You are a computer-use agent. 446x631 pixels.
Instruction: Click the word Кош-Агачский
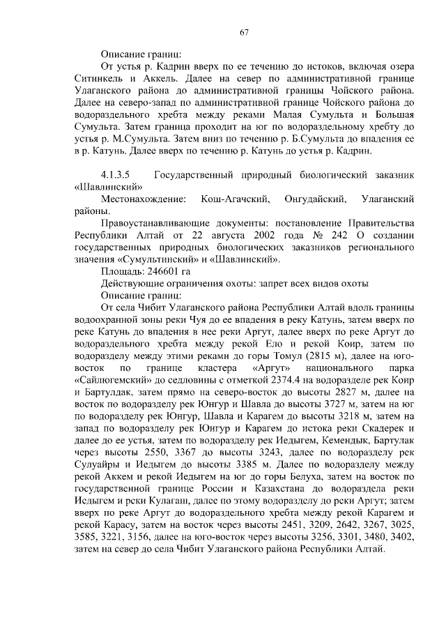click(x=236, y=201)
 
